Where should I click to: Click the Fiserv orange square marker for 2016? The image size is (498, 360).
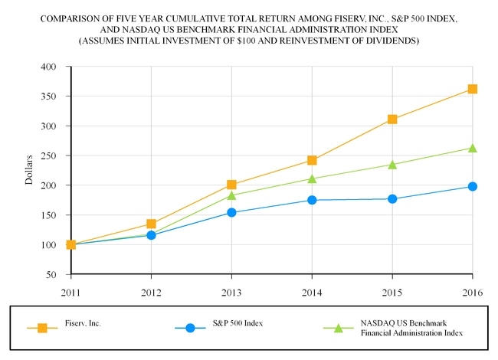pyautogui.click(x=473, y=89)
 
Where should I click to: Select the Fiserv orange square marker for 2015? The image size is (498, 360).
pyautogui.click(x=392, y=119)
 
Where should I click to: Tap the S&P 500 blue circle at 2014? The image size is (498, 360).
pyautogui.click(x=312, y=200)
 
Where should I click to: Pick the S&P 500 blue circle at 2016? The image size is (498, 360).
pyautogui.click(x=473, y=186)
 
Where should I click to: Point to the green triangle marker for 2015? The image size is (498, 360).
pyautogui.click(x=392, y=165)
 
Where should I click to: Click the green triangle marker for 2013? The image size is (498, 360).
pyautogui.click(x=231, y=195)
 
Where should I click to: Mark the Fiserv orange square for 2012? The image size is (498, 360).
pyautogui.click(x=151, y=224)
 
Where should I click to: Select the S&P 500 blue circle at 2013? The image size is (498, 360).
pyautogui.click(x=231, y=212)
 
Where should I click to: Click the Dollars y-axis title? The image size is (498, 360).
pyautogui.click(x=29, y=170)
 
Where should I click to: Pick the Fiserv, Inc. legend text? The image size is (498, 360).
pyautogui.click(x=83, y=323)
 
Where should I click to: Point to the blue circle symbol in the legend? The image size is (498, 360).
pyautogui.click(x=190, y=328)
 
